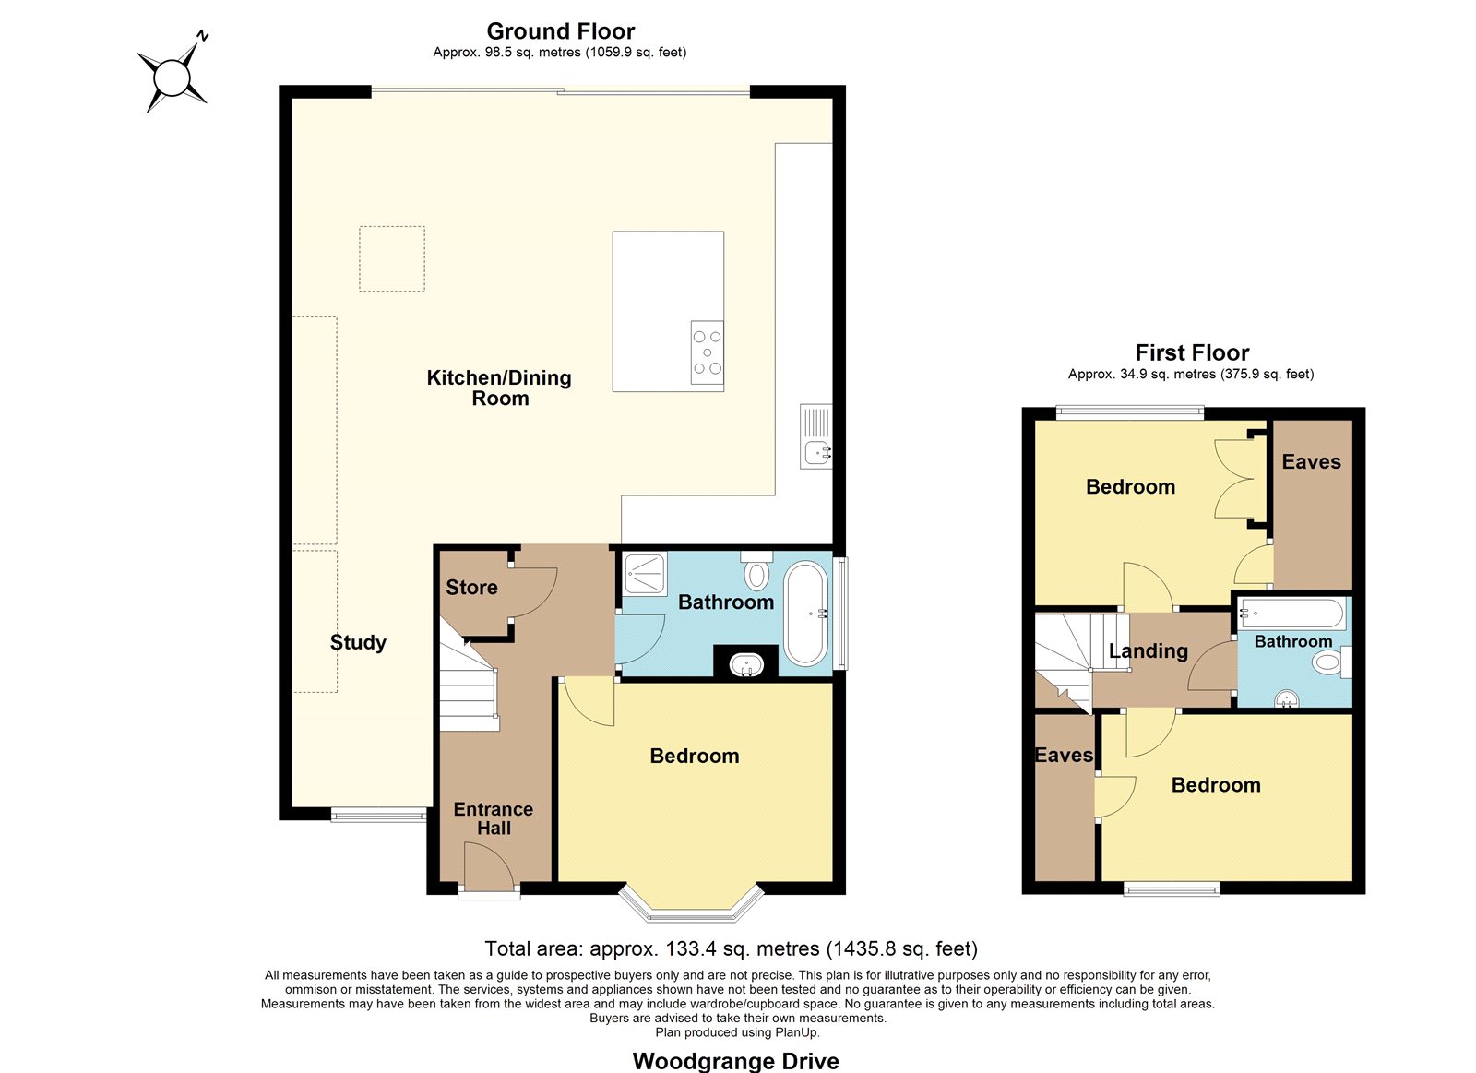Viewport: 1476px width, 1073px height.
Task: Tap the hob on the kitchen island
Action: [x=707, y=352]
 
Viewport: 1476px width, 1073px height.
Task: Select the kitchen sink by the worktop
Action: [x=816, y=436]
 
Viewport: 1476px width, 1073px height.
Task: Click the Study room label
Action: [x=358, y=643]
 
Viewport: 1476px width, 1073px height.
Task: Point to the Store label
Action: [x=471, y=588]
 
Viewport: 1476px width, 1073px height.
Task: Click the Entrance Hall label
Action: [x=494, y=818]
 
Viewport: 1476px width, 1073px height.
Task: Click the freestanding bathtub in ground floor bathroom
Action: [x=805, y=614]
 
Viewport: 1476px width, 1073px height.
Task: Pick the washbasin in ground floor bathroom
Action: [x=746, y=664]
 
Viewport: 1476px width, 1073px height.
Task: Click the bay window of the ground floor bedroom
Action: [x=691, y=902]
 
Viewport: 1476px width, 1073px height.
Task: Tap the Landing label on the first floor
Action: [x=1149, y=651]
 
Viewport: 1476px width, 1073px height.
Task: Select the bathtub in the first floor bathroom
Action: [x=1291, y=614]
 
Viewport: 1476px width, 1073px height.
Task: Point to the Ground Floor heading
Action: [x=561, y=31]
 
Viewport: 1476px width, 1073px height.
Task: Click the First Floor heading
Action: [x=1192, y=352]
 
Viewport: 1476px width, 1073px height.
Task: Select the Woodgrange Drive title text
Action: [x=736, y=1060]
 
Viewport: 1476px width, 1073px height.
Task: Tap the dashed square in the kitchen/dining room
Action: [x=392, y=259]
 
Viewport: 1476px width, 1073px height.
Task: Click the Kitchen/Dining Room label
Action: [x=499, y=387]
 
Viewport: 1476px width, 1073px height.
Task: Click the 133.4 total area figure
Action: [x=691, y=948]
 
